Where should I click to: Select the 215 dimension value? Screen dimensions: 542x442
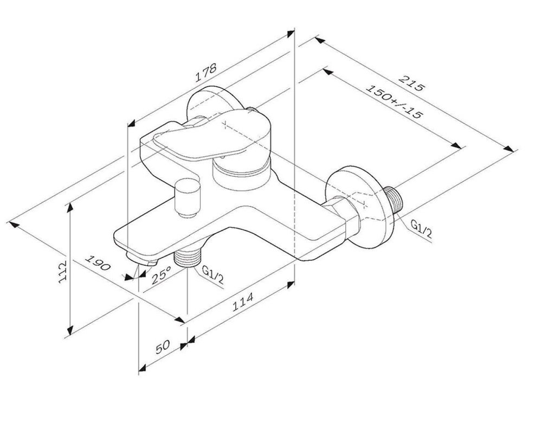pyautogui.click(x=411, y=83)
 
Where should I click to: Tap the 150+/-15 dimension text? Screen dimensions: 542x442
pyautogui.click(x=393, y=101)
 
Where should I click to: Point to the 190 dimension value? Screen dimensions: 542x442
pyautogui.click(x=98, y=263)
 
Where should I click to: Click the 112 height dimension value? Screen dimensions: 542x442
pyautogui.click(x=62, y=272)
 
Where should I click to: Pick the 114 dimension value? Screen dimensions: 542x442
pyautogui.click(x=242, y=302)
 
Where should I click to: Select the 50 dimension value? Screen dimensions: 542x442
pyautogui.click(x=163, y=347)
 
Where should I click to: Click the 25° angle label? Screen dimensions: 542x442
pyautogui.click(x=161, y=275)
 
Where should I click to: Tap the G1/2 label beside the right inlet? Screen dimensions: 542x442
pyautogui.click(x=421, y=229)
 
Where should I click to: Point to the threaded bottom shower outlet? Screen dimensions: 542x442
pyautogui.click(x=188, y=257)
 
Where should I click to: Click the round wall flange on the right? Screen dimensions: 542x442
pyautogui.click(x=359, y=208)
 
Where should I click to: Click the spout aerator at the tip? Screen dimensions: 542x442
pyautogui.click(x=143, y=259)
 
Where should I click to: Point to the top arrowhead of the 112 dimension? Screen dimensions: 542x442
pyautogui.click(x=70, y=208)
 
